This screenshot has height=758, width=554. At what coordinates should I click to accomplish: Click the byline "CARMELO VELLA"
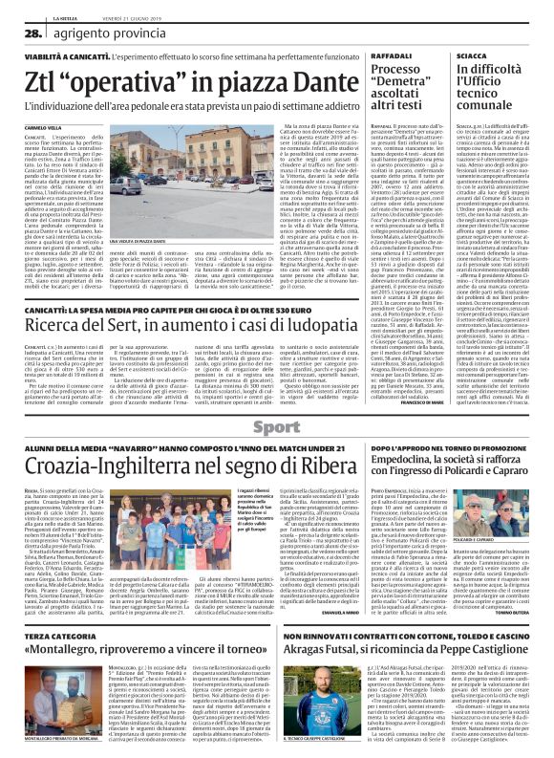pos(43,125)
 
